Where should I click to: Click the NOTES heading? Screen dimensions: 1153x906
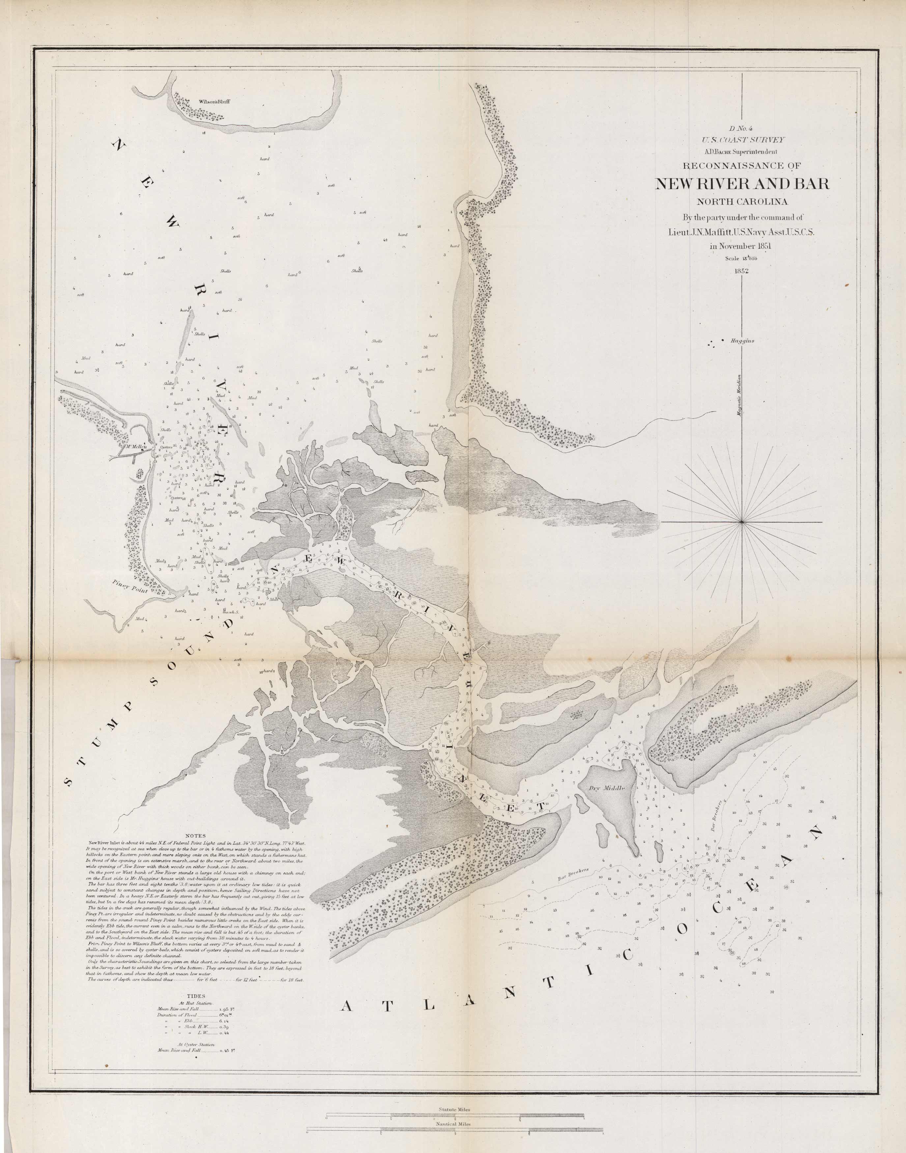click(x=196, y=836)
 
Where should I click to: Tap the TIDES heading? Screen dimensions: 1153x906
click(x=196, y=997)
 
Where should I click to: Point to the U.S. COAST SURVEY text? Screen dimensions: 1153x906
click(x=742, y=140)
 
